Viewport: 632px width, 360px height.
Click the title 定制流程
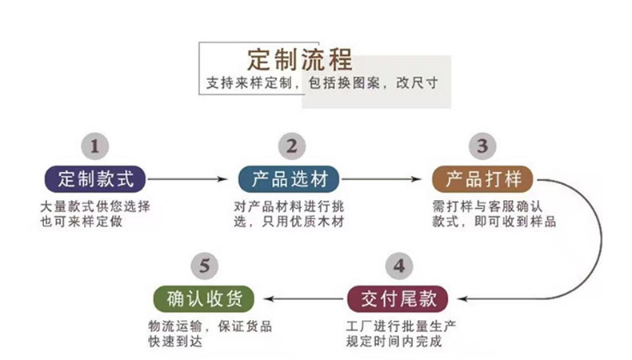tap(300, 59)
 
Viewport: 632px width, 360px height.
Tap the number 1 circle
tap(95, 146)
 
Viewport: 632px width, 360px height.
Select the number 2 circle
tap(291, 146)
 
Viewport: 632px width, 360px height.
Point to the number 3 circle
tap(482, 146)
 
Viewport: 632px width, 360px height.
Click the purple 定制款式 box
tap(94, 178)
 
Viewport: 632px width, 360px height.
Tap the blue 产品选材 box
tap(289, 178)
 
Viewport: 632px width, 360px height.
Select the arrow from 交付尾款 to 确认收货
tap(302, 298)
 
